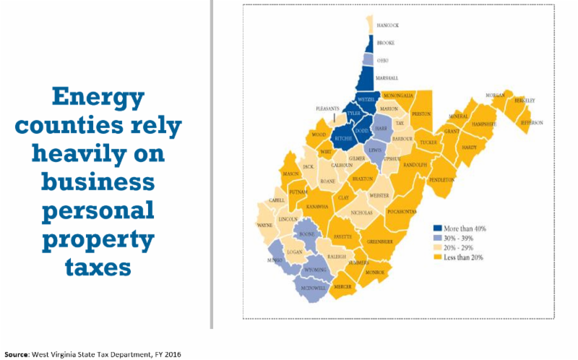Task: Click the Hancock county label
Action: point(388,25)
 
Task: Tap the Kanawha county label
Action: point(318,207)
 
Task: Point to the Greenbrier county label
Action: point(379,241)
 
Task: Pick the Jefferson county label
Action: point(531,123)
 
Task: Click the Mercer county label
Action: point(343,287)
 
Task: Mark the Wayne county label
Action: point(264,225)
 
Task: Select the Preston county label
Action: point(420,113)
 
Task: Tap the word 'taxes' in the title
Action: point(98,265)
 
